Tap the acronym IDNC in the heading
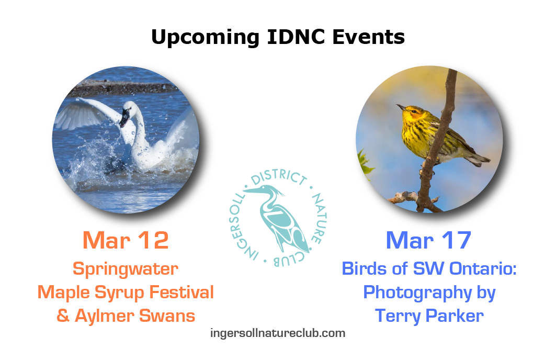pos(296,37)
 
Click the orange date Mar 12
pos(126,241)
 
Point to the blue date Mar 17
pos(428,241)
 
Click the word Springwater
pos(126,269)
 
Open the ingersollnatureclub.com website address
pos(278,333)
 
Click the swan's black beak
pos(124,118)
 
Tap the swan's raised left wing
pos(87,114)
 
